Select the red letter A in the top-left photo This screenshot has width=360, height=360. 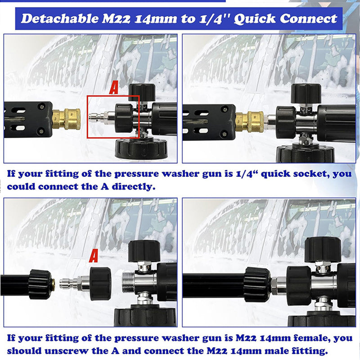pyautogui.click(x=114, y=88)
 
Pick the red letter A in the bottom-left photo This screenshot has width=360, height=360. pyautogui.click(x=94, y=256)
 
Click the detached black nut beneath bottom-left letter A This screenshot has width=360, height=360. pyautogui.click(x=100, y=283)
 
